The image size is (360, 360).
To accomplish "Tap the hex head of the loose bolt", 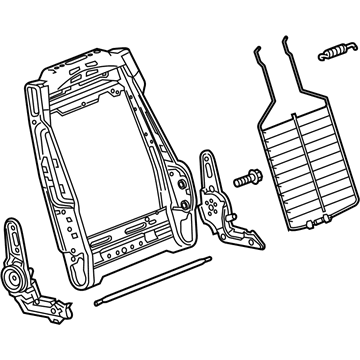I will (241, 181).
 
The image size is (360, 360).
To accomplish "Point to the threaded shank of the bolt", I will (251, 178).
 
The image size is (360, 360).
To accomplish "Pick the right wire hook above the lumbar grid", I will (293, 55).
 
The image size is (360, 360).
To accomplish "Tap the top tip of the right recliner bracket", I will (207, 155).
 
